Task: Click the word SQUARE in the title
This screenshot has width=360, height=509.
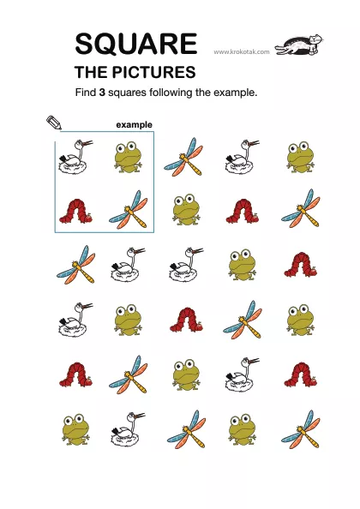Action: point(136,44)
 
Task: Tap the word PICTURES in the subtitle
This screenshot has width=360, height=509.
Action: point(154,72)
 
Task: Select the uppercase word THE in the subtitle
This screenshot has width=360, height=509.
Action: point(92,72)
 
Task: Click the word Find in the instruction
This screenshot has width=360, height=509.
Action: point(86,93)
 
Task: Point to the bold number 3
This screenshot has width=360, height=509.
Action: point(102,93)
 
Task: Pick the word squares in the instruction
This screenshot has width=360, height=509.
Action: point(127,93)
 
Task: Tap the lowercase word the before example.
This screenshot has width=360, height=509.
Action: point(203,93)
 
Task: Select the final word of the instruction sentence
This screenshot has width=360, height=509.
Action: point(236,93)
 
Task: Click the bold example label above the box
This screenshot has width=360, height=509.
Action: point(134,125)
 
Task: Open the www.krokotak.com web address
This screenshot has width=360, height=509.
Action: point(242,51)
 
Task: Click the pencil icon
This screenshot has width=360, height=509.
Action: point(54,123)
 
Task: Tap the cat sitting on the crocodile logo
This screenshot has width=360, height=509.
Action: point(315,44)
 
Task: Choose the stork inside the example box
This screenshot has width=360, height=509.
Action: point(75,157)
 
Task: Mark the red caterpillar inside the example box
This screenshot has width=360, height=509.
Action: point(76,212)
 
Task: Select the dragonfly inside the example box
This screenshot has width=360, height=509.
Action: point(129,210)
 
